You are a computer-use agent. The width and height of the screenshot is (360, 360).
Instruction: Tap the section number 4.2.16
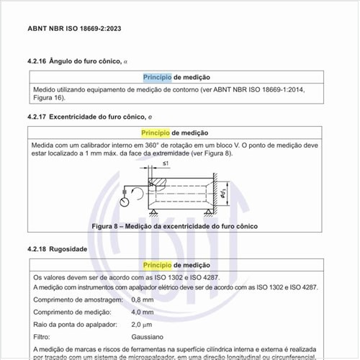(37, 61)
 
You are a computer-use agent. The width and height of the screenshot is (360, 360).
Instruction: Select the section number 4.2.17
(37, 116)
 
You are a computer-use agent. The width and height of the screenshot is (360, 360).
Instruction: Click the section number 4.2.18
(37, 248)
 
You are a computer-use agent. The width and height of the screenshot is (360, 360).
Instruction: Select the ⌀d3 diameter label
(225, 192)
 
